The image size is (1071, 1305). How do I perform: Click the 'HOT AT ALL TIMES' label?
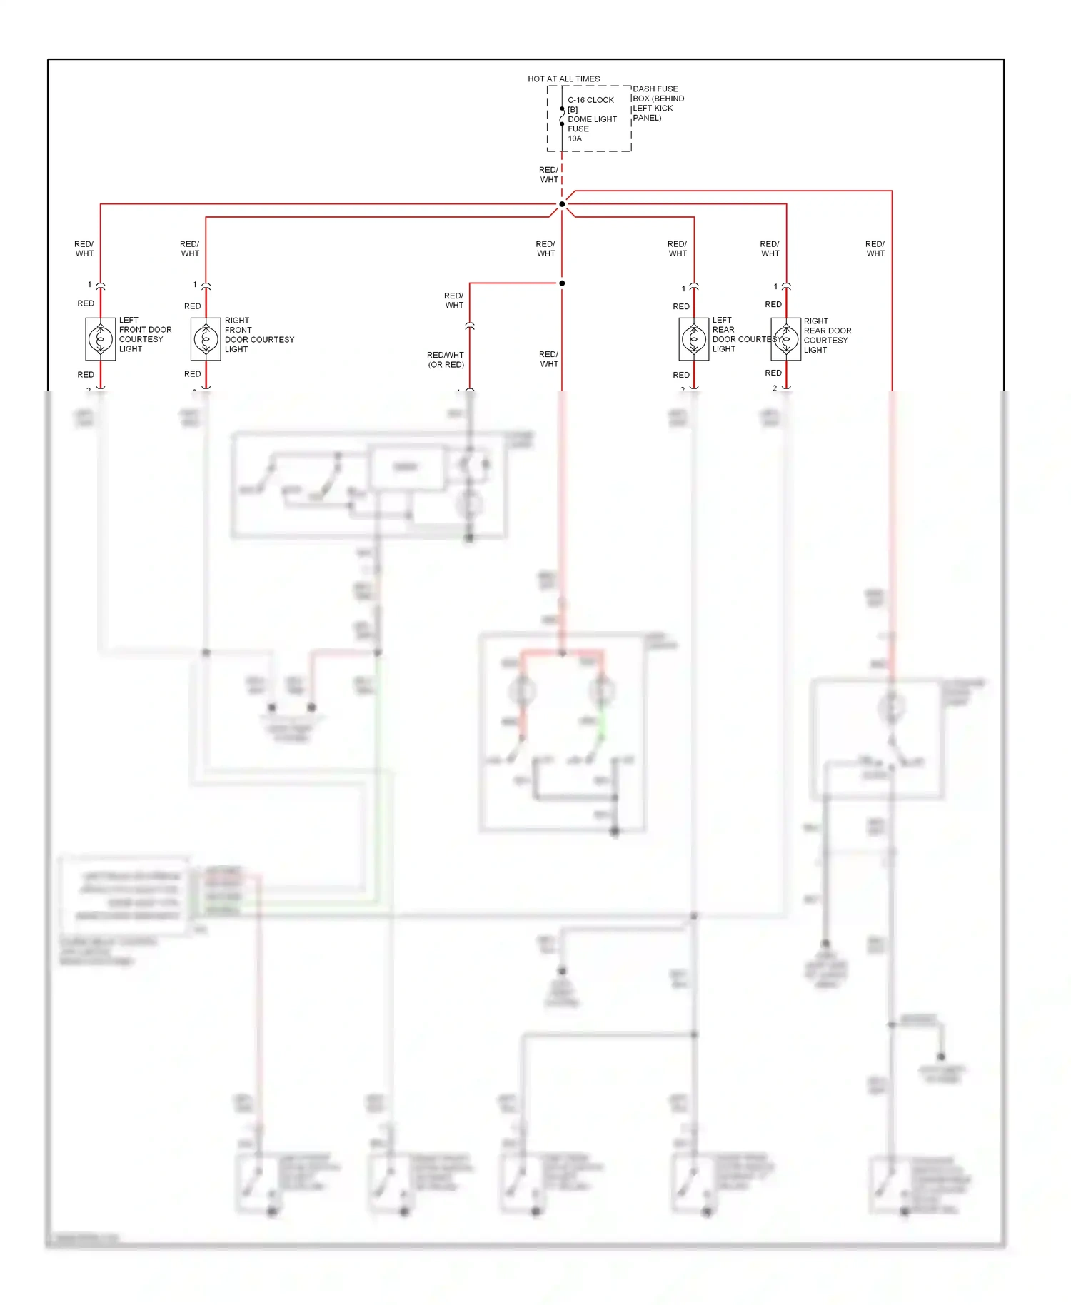point(563,79)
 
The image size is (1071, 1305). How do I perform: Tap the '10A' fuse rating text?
point(575,138)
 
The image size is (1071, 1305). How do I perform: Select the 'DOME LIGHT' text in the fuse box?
point(592,119)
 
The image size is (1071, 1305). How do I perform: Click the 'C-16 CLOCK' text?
point(590,100)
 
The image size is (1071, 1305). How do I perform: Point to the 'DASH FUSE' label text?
point(655,89)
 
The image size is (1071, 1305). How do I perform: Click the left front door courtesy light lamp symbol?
point(101,338)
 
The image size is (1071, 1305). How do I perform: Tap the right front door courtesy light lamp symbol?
point(206,338)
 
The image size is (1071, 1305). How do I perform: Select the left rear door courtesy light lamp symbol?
point(694,339)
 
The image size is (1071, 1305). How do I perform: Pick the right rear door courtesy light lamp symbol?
point(786,339)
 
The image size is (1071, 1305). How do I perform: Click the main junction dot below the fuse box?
point(562,204)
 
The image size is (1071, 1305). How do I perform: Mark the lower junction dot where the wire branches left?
point(562,283)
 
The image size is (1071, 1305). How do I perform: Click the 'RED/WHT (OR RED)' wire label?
point(446,360)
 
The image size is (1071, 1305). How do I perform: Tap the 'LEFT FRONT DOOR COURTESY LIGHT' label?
point(145,335)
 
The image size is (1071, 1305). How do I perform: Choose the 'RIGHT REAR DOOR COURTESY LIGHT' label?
point(828,336)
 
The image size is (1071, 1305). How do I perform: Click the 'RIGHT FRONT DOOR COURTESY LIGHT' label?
point(259,335)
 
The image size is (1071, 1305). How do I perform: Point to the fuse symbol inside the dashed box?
point(562,116)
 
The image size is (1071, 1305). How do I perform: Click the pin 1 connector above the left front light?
point(101,286)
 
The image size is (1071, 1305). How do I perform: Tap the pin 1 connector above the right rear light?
point(786,287)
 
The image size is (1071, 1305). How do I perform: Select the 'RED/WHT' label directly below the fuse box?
point(548,175)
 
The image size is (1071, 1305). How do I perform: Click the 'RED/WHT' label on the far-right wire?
point(875,248)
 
